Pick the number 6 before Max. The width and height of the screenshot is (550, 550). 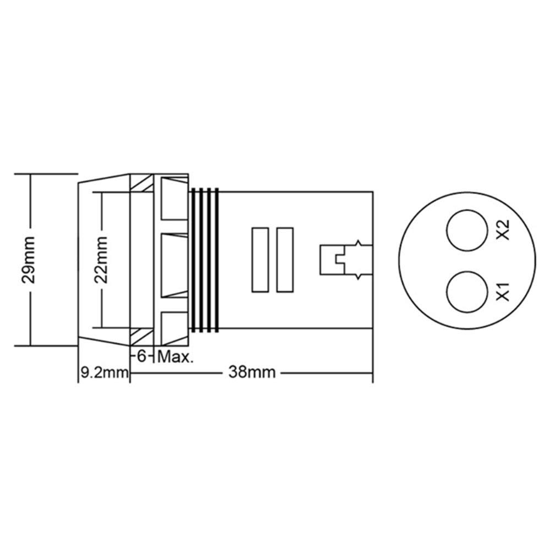point(141,357)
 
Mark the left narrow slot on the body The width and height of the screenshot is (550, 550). point(259,260)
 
